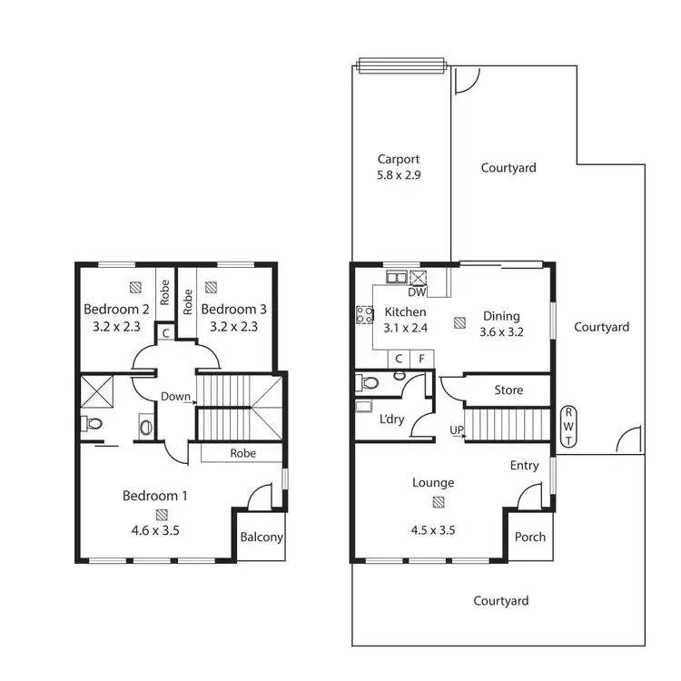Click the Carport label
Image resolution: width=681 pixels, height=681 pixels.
point(400,159)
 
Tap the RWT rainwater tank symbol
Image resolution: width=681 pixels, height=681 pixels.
point(569,427)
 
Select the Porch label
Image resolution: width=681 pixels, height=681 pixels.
point(530,537)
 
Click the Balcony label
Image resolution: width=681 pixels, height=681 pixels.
point(262,537)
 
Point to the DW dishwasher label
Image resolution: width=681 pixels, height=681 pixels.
point(417,292)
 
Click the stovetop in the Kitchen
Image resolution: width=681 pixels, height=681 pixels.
point(365,315)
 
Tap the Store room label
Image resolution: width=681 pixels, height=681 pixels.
point(508,390)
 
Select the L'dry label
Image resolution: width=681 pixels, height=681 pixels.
point(392,419)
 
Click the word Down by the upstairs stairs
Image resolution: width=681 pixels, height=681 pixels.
point(174,396)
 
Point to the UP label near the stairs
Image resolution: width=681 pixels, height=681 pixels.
point(457,430)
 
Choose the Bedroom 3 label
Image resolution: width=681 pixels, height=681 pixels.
point(233,308)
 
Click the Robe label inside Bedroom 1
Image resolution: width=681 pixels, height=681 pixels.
point(242,453)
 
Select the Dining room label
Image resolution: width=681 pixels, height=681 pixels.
point(501,315)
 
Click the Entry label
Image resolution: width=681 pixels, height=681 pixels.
point(524,465)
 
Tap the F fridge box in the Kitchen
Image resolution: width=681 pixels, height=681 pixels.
point(421,360)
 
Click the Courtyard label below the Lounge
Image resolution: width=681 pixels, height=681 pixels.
point(501,600)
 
